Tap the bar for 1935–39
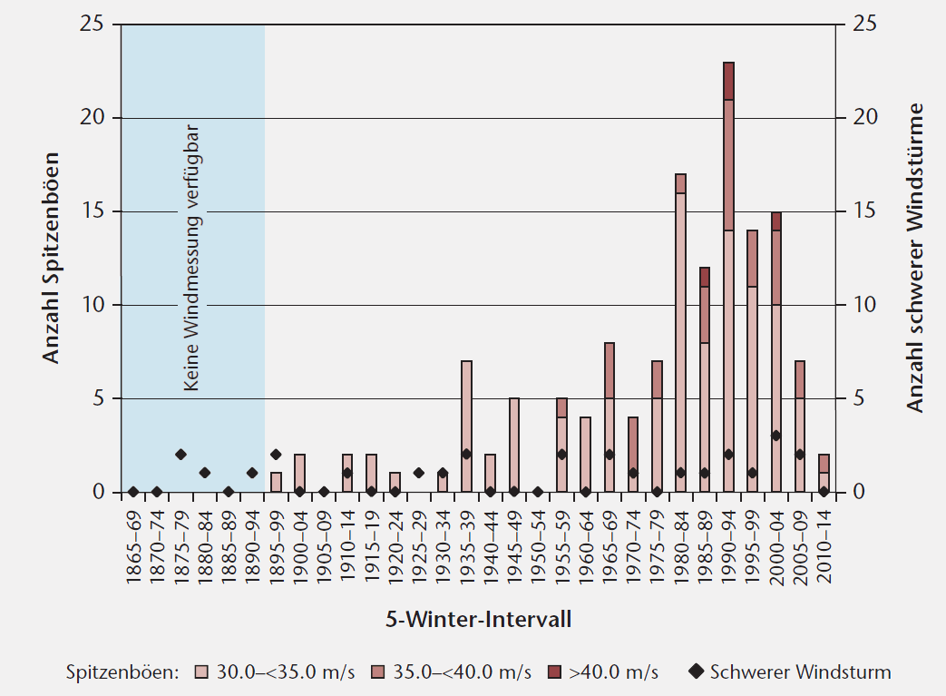(466, 426)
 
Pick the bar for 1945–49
(514, 445)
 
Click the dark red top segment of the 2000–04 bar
(775, 221)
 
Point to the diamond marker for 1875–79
(180, 455)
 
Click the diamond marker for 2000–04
(775, 436)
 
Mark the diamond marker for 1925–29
(418, 473)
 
